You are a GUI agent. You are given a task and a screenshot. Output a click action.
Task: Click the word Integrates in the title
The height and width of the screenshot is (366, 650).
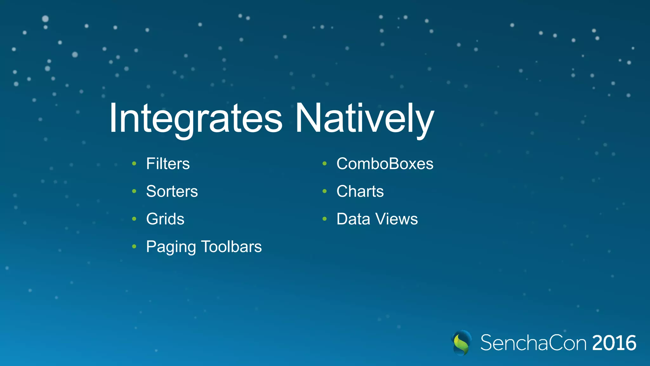[196, 118]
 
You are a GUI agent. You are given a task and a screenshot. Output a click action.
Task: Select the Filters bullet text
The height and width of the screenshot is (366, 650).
[168, 164]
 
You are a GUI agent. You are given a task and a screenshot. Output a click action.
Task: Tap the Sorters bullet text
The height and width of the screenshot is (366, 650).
[172, 191]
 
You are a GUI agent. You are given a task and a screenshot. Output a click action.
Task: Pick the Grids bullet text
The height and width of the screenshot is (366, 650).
[165, 219]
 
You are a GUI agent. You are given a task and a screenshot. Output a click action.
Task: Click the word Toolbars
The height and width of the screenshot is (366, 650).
[231, 247]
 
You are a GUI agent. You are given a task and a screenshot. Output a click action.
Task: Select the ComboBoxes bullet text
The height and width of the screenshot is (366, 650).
[385, 164]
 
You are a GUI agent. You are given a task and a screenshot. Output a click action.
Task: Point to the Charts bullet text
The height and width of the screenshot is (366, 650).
[360, 191]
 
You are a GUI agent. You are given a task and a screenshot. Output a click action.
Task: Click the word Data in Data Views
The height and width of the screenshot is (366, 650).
[353, 219]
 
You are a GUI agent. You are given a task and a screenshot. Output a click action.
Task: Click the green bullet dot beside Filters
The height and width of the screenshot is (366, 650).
[134, 164]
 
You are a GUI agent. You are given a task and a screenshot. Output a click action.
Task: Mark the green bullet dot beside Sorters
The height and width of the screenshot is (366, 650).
[134, 191]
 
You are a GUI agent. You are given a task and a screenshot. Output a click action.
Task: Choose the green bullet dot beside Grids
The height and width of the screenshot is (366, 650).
[134, 219]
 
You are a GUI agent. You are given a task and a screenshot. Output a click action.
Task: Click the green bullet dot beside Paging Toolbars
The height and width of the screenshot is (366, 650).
[134, 247]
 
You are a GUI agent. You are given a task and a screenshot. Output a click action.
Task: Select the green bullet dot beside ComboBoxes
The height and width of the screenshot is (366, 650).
[324, 164]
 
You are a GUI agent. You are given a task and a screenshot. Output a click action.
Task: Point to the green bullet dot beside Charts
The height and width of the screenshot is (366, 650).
[324, 191]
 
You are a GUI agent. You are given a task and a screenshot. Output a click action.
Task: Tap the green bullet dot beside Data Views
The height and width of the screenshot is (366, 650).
[324, 219]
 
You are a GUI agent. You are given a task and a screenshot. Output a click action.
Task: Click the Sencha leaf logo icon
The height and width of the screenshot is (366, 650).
[461, 343]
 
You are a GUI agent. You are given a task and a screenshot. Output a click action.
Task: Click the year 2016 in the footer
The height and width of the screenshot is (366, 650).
[614, 343]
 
